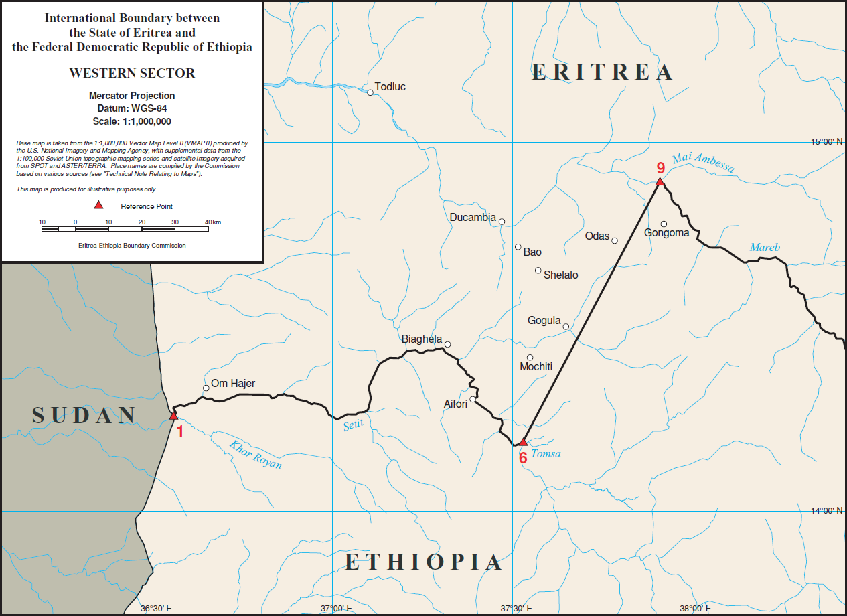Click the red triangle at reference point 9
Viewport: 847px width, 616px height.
tap(660, 181)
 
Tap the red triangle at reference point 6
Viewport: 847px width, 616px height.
tap(524, 442)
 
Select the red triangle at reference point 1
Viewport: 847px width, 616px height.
tap(173, 416)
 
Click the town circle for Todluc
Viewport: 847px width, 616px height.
tap(370, 92)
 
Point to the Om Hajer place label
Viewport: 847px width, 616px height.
tap(233, 384)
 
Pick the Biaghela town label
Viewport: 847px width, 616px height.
tap(421, 339)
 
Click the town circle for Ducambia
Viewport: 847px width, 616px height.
tap(502, 222)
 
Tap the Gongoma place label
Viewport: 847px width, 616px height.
tap(666, 233)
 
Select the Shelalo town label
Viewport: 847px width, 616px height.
tap(560, 275)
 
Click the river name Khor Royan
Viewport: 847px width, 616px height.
tap(255, 455)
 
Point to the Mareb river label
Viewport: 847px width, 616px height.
tap(765, 248)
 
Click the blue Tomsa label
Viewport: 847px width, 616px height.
tap(546, 455)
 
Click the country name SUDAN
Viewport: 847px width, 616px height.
tap(84, 416)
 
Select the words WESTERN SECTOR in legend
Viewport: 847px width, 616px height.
tap(132, 74)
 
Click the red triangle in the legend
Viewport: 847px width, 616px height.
tap(98, 205)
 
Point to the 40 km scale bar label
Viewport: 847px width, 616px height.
tap(212, 222)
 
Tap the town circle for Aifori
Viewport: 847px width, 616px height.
tap(473, 400)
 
